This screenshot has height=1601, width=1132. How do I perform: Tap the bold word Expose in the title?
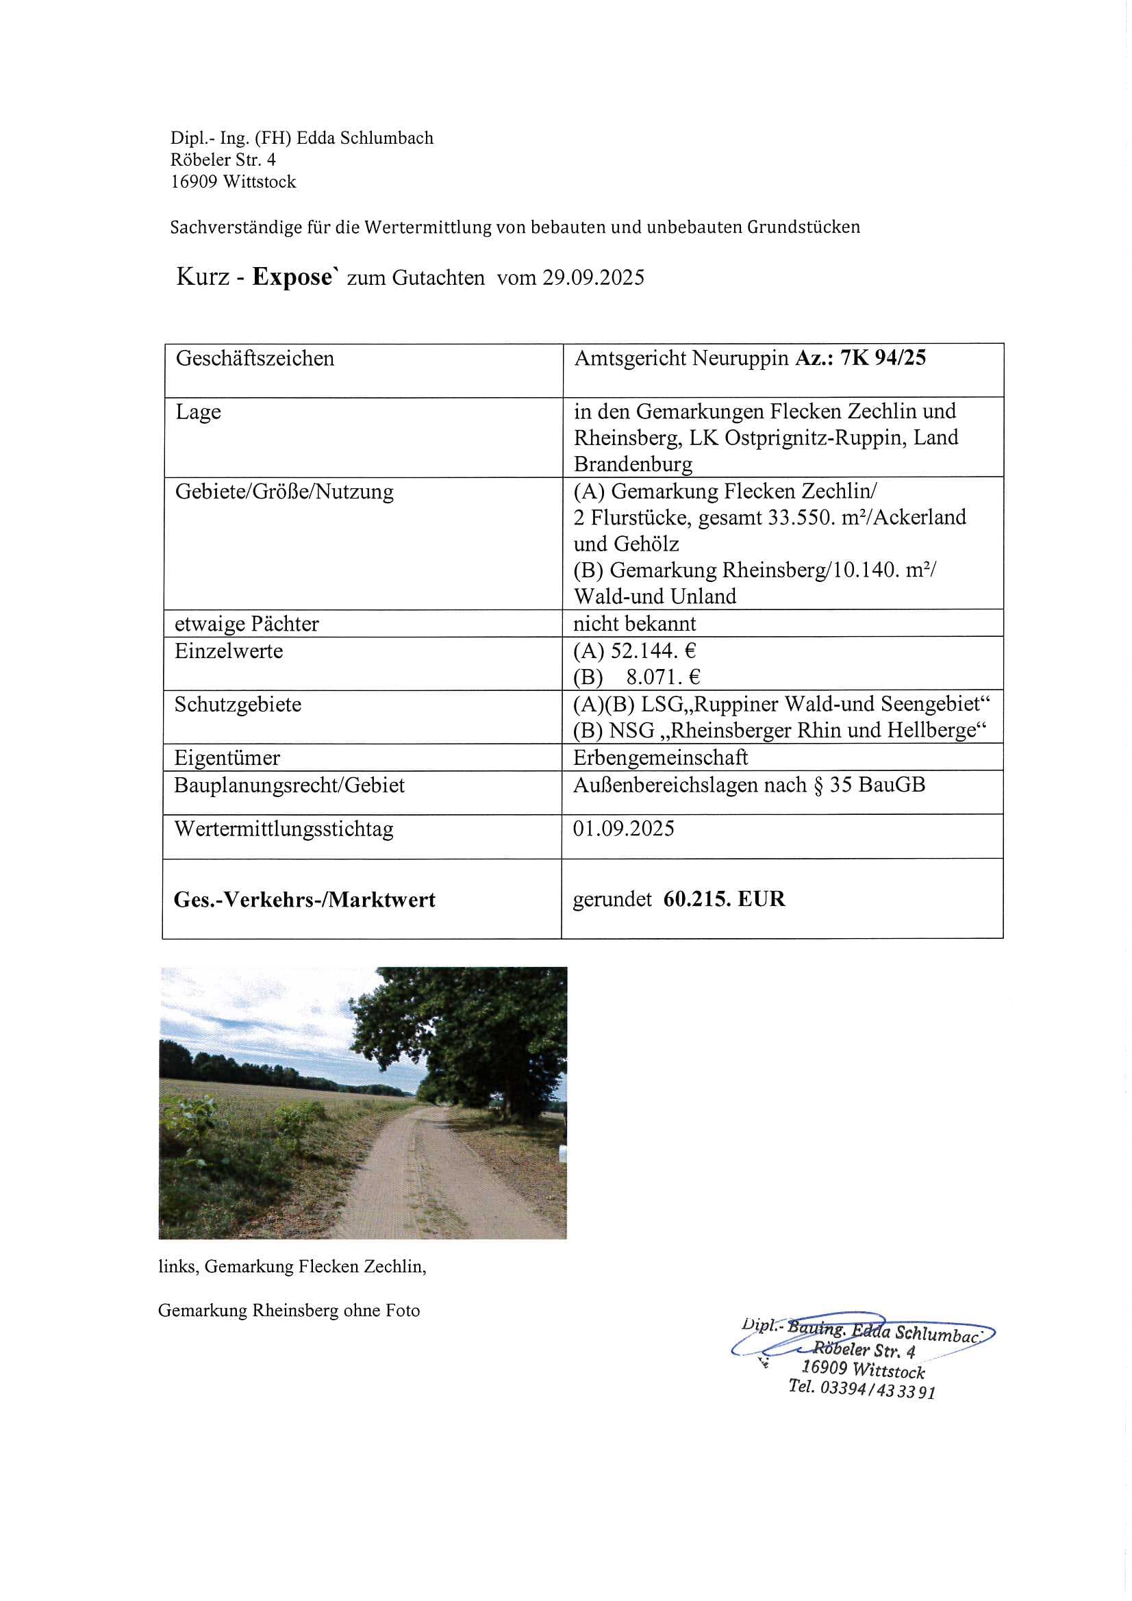tap(293, 277)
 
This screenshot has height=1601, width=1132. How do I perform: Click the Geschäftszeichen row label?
tap(255, 358)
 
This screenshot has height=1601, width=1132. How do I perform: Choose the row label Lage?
tap(198, 412)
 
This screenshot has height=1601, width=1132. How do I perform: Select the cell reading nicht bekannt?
tap(634, 623)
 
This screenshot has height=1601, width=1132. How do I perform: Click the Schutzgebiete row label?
tap(238, 704)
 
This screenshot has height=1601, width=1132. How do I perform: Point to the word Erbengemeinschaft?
tap(659, 757)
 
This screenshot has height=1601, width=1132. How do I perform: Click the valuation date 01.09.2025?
tap(624, 829)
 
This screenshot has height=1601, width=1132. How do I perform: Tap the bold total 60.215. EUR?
tap(724, 899)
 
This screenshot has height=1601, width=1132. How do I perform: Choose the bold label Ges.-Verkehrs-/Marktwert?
tap(304, 900)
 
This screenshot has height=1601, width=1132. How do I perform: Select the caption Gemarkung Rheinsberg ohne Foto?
tap(289, 1310)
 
